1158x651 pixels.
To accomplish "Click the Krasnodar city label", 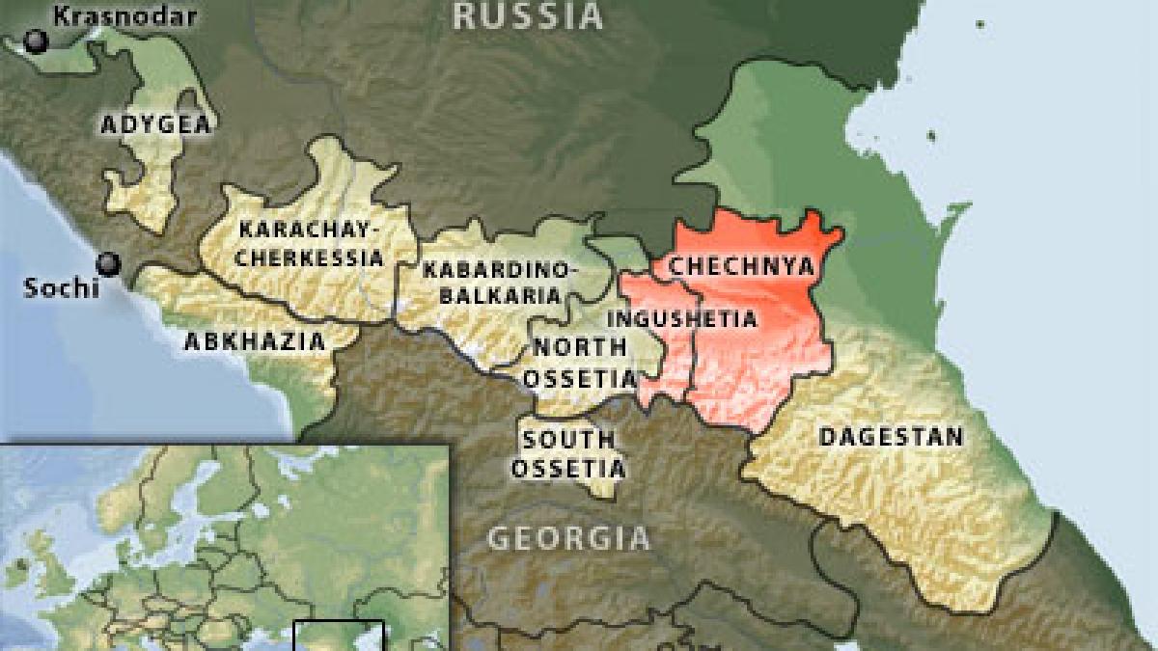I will tap(125, 16).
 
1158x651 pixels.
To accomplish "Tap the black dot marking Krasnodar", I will tap(37, 41).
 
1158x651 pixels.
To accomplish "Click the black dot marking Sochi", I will tap(108, 262).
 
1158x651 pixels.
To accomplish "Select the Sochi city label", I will tap(62, 287).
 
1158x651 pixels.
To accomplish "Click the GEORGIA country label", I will tap(568, 537).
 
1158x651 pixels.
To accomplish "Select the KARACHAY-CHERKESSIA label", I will tap(310, 244).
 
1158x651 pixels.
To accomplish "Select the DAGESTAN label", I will tap(891, 436).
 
